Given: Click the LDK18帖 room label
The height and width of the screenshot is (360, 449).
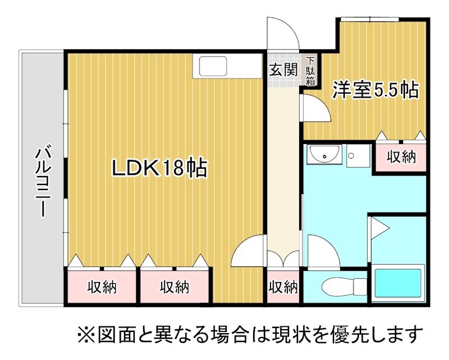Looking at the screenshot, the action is [x=159, y=168].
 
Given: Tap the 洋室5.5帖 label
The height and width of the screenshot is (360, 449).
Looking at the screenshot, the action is [x=375, y=90].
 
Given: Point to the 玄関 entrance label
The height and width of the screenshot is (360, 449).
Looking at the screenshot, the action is [x=283, y=70].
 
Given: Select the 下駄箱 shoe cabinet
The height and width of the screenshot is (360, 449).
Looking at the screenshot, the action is [x=311, y=71].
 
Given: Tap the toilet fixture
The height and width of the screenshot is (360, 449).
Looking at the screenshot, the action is [x=344, y=285].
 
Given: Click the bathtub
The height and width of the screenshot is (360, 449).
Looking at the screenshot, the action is [x=398, y=283].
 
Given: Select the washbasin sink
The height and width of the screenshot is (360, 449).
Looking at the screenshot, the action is [x=324, y=155].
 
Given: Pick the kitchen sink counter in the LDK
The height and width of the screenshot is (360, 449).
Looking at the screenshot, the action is [x=227, y=66].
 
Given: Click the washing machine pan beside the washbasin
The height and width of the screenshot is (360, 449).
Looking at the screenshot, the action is [x=358, y=156].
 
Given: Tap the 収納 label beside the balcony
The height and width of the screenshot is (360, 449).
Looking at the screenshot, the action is [x=102, y=287].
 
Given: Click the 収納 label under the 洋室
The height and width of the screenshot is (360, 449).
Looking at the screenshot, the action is [x=401, y=157].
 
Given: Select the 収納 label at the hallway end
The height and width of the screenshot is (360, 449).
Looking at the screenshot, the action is [x=283, y=287].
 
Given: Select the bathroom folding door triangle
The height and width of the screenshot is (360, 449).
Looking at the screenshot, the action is [x=379, y=228].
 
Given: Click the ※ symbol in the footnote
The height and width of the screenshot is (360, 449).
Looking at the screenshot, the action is [x=86, y=334].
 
